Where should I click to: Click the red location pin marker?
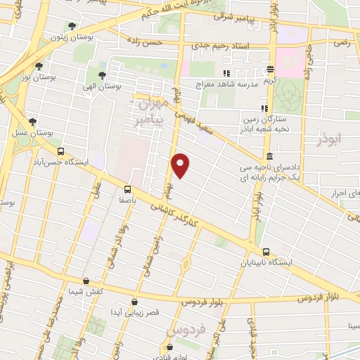point(181,165)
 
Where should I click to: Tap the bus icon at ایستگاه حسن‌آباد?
point(60,151)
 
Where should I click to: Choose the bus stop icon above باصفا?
point(127,188)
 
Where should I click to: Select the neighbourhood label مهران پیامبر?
point(150,113)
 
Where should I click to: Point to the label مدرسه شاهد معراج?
point(226,84)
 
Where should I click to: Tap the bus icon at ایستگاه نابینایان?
point(266,252)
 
